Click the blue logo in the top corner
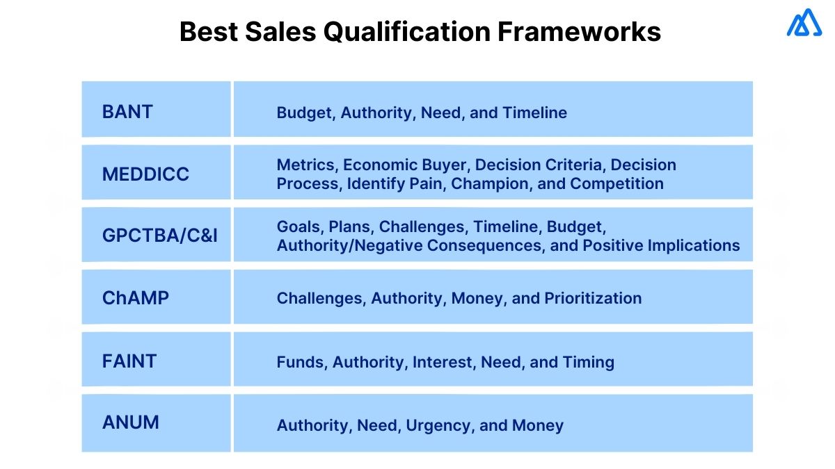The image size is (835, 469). tap(804, 24)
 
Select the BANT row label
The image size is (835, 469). tap(127, 112)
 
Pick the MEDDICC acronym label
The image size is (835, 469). tap(145, 174)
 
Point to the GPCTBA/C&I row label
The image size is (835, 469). tap(160, 236)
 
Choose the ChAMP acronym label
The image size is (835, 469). tap(136, 298)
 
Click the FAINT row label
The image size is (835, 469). tap(129, 361)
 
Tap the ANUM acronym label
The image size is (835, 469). tap(131, 422)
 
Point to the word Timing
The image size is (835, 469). tap(589, 362)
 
